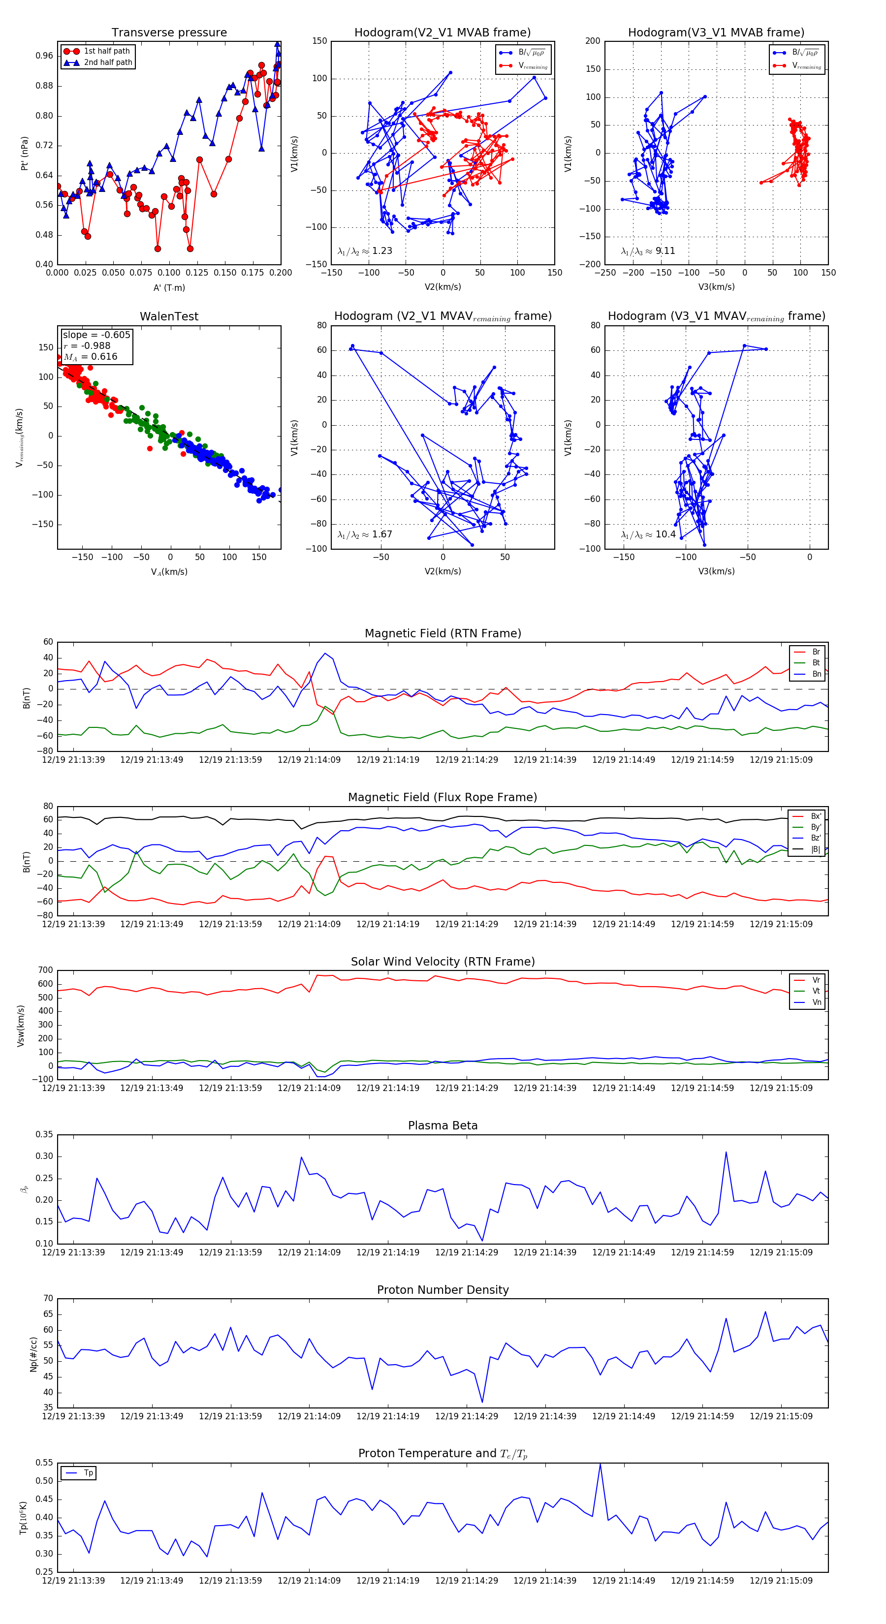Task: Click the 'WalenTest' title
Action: (x=169, y=316)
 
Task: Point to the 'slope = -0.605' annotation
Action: (x=96, y=335)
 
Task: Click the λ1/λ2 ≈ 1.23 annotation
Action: (x=364, y=251)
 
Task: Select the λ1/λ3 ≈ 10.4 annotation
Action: (x=648, y=534)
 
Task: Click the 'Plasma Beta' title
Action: (x=443, y=1125)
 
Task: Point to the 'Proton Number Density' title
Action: (x=443, y=1289)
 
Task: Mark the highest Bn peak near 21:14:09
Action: (x=325, y=653)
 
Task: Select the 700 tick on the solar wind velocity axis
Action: (x=45, y=970)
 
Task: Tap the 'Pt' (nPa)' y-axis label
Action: (x=25, y=153)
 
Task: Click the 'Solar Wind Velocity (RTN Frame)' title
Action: (x=443, y=962)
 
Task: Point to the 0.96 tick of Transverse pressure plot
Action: (x=44, y=56)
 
